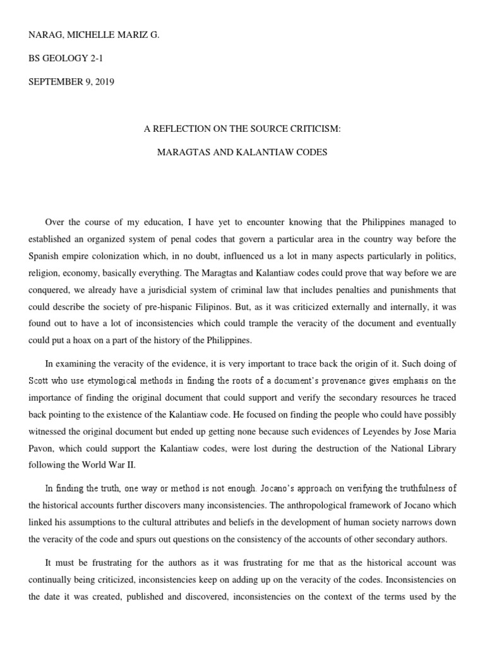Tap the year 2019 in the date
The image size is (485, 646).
(x=102, y=82)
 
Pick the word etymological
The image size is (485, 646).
(x=102, y=380)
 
